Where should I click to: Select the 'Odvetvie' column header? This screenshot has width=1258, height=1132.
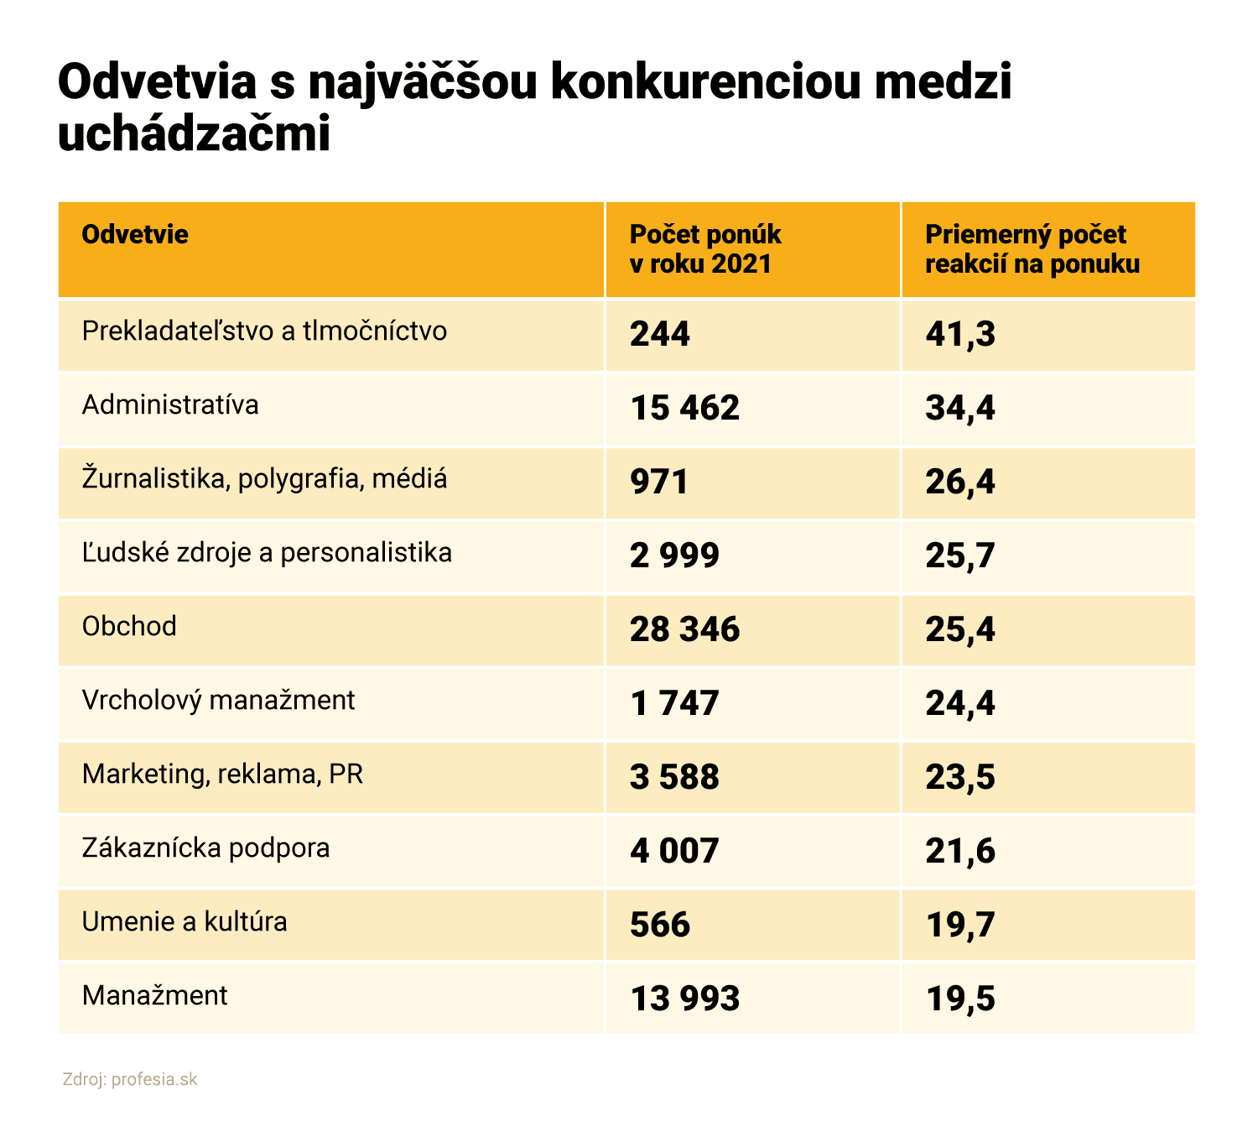tap(135, 234)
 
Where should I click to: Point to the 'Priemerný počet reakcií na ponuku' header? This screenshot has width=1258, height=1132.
tap(1032, 249)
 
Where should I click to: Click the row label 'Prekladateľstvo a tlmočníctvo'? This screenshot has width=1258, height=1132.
tap(264, 331)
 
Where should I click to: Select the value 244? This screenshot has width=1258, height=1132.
tap(660, 334)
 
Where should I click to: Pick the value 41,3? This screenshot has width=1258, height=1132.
tap(960, 334)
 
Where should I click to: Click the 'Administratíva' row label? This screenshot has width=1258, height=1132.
tap(170, 405)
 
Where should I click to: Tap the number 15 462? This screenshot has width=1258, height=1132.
tap(684, 408)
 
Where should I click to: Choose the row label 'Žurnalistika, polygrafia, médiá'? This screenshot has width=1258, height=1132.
tap(264, 479)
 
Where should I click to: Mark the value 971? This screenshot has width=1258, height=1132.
tap(659, 482)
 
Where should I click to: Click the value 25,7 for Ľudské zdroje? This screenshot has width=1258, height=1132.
tap(960, 556)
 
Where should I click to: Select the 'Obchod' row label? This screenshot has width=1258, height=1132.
tap(129, 627)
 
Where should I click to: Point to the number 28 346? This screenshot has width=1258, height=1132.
tap(684, 629)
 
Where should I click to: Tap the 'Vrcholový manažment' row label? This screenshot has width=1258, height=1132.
tap(218, 701)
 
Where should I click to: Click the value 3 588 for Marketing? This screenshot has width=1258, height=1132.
tap(674, 777)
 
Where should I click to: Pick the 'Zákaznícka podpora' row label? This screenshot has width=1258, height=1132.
tap(205, 848)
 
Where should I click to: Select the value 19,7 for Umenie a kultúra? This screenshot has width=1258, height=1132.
tap(960, 925)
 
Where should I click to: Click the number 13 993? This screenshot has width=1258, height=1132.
tap(684, 999)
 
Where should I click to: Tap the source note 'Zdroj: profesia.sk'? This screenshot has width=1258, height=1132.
tap(130, 1079)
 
